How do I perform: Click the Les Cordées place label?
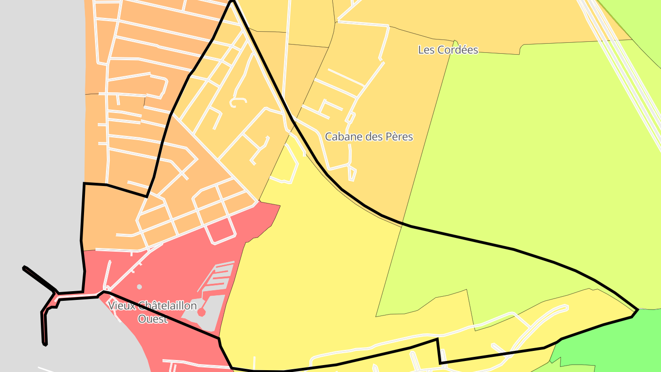448,50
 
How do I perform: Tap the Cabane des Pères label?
369,136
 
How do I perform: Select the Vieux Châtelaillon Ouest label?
152,312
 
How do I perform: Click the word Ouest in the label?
152,319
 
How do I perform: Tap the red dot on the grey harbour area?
201,312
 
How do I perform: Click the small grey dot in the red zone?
140,287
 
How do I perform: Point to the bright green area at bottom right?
611,340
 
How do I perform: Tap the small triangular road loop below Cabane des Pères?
352,174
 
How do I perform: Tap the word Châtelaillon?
164,305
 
